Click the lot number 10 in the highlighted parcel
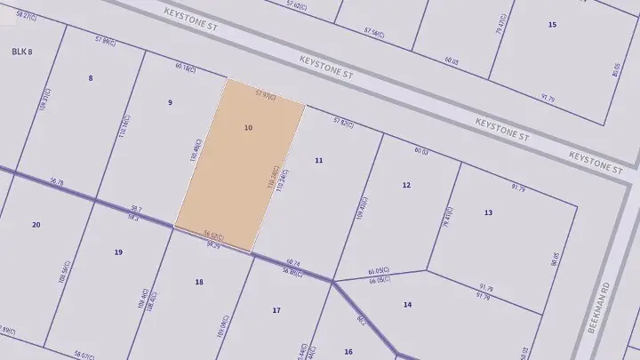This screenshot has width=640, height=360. (x=248, y=128)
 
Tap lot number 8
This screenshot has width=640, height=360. (x=91, y=78)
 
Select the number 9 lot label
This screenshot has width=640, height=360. (x=170, y=102)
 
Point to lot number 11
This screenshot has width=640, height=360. (x=319, y=160)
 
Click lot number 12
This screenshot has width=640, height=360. (x=406, y=185)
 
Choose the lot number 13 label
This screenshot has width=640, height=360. (x=488, y=212)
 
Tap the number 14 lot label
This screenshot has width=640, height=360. (x=407, y=305)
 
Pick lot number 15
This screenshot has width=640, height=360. (x=552, y=24)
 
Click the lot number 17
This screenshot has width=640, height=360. (x=276, y=310)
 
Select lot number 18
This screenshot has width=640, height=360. (x=199, y=282)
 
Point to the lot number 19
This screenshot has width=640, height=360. (x=118, y=252)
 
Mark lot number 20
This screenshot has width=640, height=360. (x=36, y=225)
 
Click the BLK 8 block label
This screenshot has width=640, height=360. (x=22, y=52)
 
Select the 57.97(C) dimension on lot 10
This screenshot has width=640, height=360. (x=265, y=93)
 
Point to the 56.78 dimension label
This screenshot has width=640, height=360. (x=58, y=181)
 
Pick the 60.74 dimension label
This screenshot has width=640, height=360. (x=293, y=263)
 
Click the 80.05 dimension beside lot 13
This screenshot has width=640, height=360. (x=556, y=259)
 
